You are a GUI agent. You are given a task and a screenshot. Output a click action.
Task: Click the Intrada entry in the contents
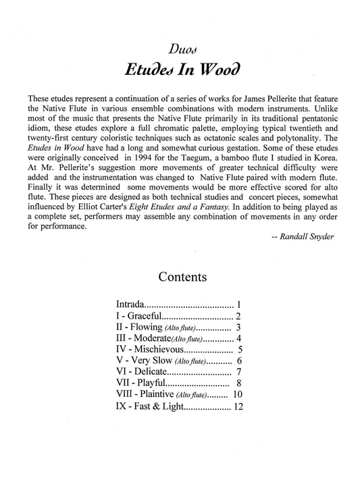(130, 304)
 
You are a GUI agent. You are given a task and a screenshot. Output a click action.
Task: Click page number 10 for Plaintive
(236, 394)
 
